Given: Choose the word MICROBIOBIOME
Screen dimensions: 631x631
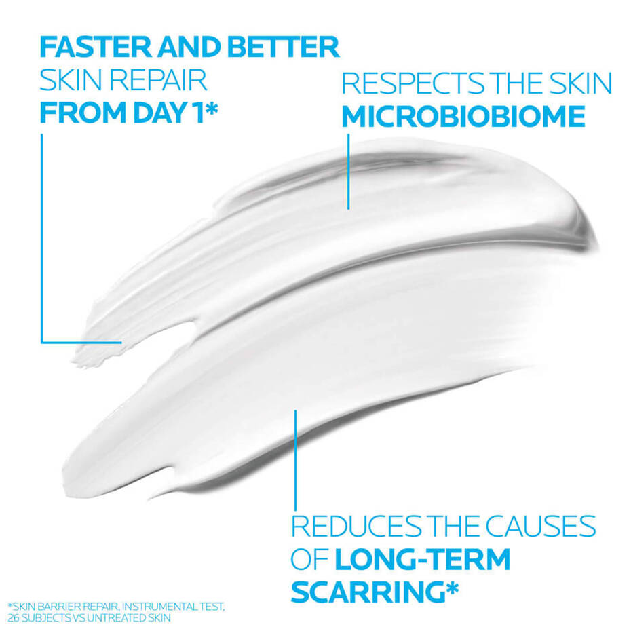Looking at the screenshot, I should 463,117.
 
